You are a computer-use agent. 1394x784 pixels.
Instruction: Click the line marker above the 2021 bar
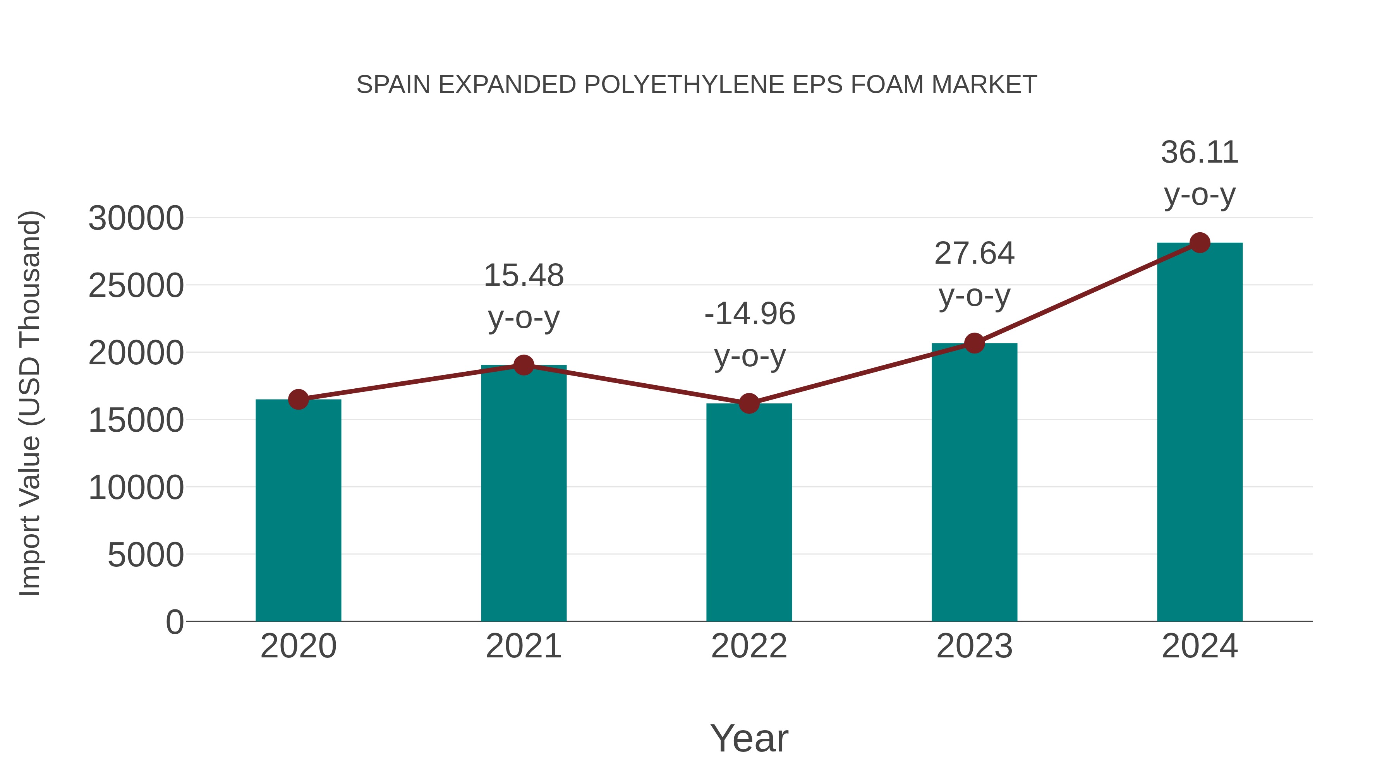pos(523,365)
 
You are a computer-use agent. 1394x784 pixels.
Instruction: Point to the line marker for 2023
pos(974,343)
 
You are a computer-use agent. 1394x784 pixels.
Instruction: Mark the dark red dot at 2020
pos(298,400)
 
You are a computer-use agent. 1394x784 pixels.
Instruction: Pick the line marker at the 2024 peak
pos(1200,243)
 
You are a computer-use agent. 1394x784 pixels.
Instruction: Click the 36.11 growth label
pos(1199,153)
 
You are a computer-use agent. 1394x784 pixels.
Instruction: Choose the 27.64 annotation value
pos(974,253)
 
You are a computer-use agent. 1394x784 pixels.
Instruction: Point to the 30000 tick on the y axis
pos(136,219)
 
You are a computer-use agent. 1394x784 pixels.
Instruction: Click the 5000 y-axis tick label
pos(146,555)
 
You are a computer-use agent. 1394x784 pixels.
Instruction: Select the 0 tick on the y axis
pos(174,622)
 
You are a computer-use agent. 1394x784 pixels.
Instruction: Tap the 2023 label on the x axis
pos(974,646)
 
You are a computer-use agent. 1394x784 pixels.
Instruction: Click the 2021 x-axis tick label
pos(523,646)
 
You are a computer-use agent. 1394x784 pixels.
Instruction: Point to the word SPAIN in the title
pos(393,85)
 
